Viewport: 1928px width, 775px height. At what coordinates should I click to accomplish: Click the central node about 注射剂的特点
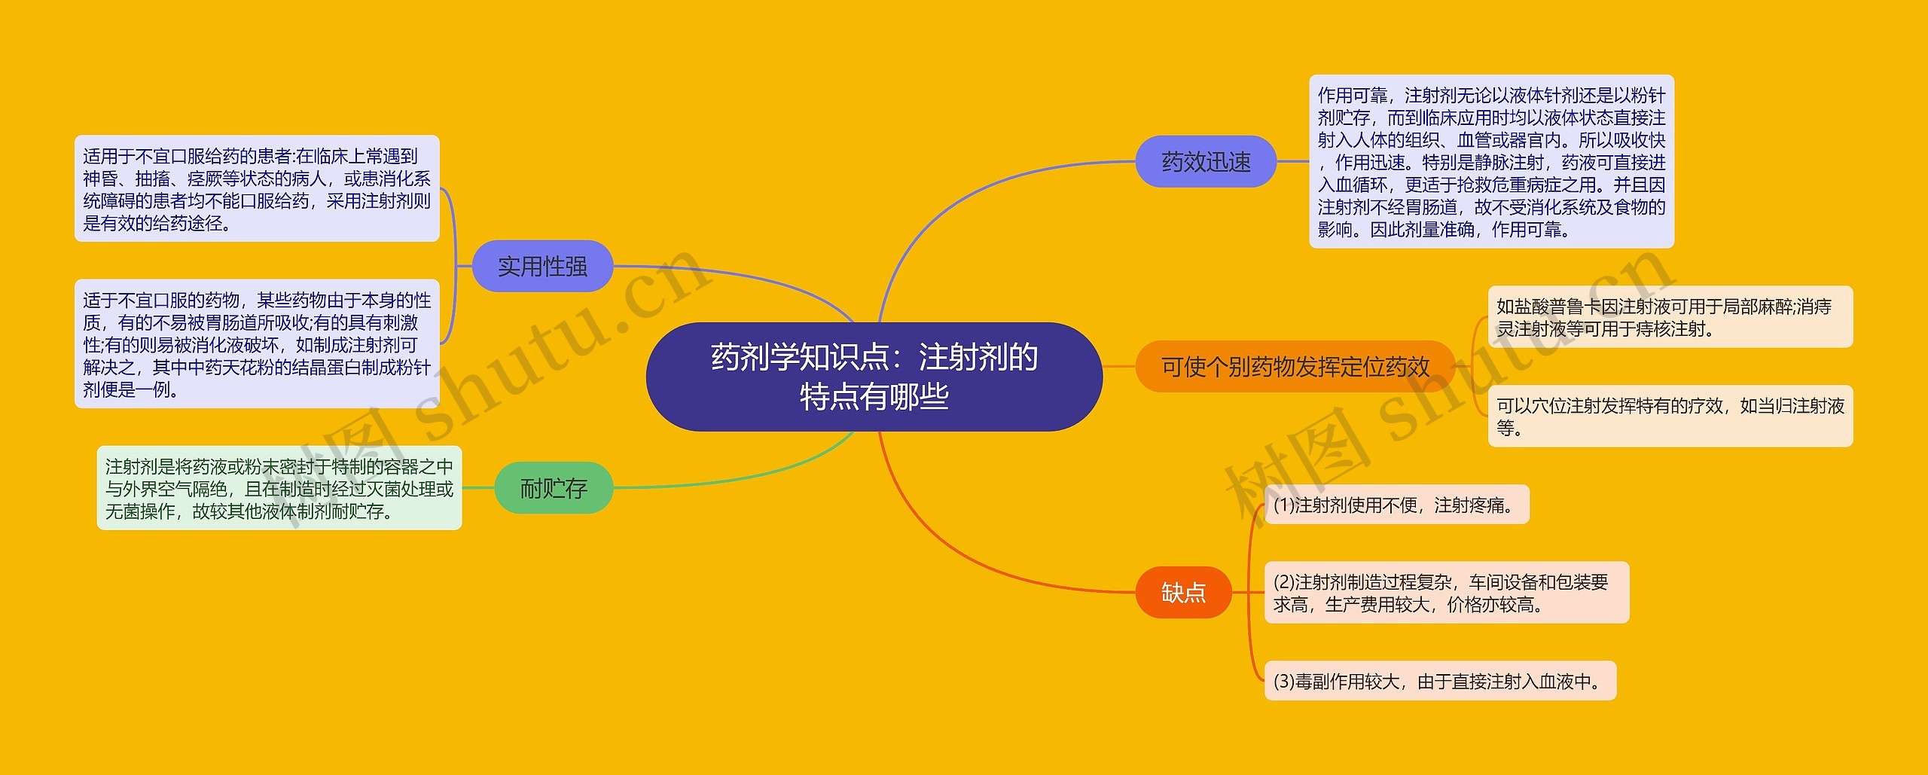click(x=874, y=377)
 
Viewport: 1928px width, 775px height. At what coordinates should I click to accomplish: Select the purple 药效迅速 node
click(x=1205, y=161)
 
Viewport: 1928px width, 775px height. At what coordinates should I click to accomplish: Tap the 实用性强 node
click(x=542, y=266)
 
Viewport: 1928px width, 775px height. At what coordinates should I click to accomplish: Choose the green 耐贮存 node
click(x=554, y=488)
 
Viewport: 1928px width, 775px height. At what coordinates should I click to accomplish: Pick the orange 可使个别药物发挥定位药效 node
click(x=1295, y=367)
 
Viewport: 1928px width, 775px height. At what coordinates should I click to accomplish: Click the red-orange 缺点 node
click(x=1183, y=593)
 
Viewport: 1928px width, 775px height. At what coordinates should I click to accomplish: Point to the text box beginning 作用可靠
click(x=1491, y=161)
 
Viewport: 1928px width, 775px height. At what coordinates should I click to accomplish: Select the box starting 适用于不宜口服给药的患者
click(x=257, y=189)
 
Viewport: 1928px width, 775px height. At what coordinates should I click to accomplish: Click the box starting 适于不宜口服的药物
click(x=257, y=344)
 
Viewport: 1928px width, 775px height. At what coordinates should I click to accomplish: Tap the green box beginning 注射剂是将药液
click(x=279, y=488)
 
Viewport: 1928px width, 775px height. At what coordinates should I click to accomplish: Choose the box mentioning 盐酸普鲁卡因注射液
click(x=1670, y=317)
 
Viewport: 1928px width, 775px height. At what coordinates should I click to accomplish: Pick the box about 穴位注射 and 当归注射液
click(x=1670, y=416)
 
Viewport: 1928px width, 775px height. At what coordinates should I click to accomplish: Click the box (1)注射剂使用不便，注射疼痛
click(x=1396, y=505)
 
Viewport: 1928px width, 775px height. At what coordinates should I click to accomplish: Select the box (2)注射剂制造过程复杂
click(x=1446, y=593)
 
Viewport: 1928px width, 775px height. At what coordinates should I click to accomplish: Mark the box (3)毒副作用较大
click(x=1440, y=681)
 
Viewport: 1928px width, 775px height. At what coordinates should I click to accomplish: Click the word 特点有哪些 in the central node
click(x=874, y=397)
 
